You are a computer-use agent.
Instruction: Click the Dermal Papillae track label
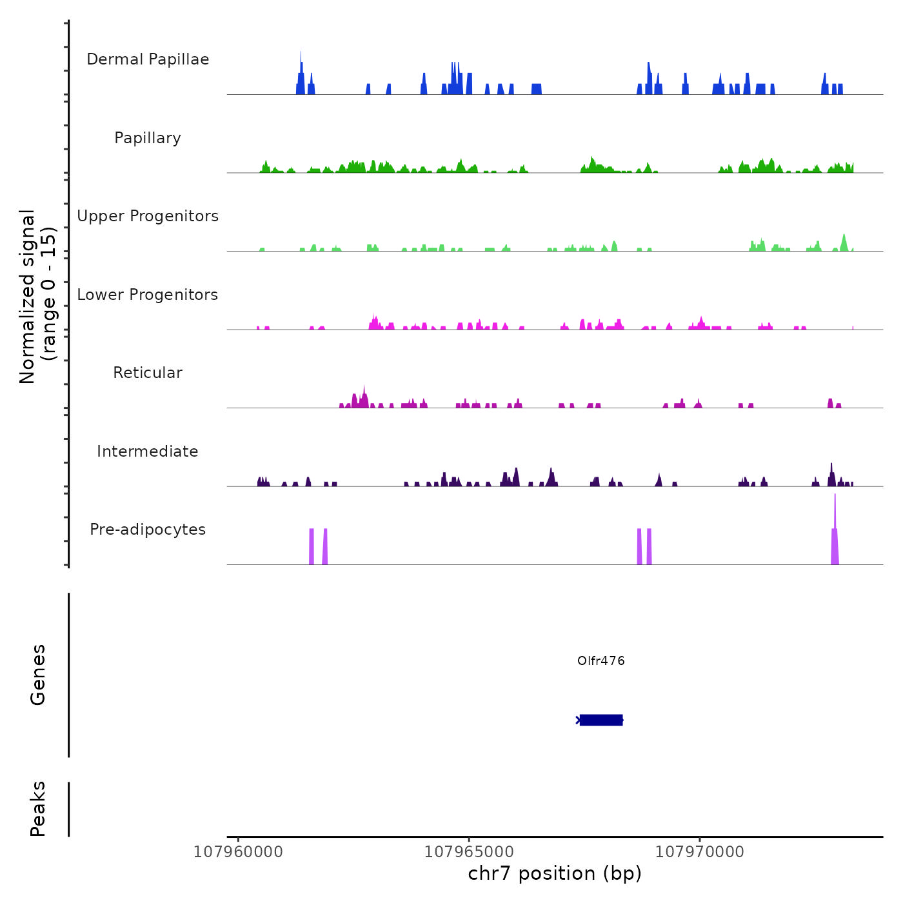[x=148, y=59]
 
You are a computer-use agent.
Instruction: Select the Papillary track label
[x=148, y=138]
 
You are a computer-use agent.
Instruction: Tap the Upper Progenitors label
[x=148, y=216]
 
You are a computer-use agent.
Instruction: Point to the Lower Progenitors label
[x=148, y=295]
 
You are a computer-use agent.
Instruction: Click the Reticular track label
[x=148, y=373]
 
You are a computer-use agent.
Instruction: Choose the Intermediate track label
[x=148, y=451]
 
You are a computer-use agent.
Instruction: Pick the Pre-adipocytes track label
[x=148, y=530]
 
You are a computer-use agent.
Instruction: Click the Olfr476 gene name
[x=600, y=661]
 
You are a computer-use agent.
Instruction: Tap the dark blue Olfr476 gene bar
[x=600, y=720]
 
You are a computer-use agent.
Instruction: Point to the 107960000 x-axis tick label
[x=238, y=852]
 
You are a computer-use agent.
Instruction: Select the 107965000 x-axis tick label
[x=469, y=852]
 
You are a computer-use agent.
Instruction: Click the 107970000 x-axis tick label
[x=700, y=852]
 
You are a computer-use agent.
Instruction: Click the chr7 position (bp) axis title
[x=555, y=874]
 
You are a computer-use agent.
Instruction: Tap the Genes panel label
[x=38, y=675]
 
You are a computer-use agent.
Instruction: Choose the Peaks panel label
[x=38, y=809]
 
